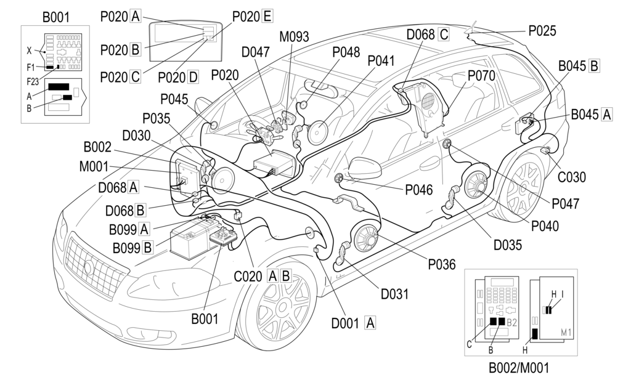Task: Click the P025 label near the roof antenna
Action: coord(542,30)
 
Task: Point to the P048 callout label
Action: coord(346,52)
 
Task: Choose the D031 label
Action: coord(394,294)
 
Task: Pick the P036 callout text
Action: coord(441,265)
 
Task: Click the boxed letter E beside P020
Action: coord(267,17)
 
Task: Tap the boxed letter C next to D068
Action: coord(443,34)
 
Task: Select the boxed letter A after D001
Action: coord(370,322)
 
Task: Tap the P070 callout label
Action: coord(481,75)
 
